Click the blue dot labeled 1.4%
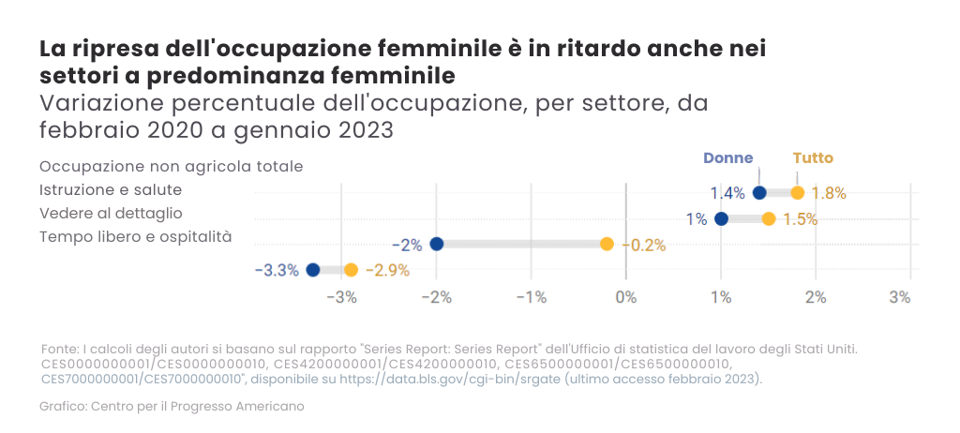point(759,193)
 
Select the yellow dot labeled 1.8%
point(798,193)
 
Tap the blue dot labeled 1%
point(721,219)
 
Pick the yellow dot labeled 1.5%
point(769,219)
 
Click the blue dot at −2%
point(436,245)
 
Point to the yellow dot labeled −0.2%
point(607,245)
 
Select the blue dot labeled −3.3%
point(313,270)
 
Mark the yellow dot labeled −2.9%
point(351,270)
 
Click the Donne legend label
point(727,158)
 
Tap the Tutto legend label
point(813,158)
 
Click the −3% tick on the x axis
point(341,297)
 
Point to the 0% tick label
point(625,297)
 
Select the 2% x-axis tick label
point(816,297)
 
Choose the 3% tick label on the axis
point(900,297)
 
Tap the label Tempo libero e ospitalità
point(135,236)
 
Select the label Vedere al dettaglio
point(111,214)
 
